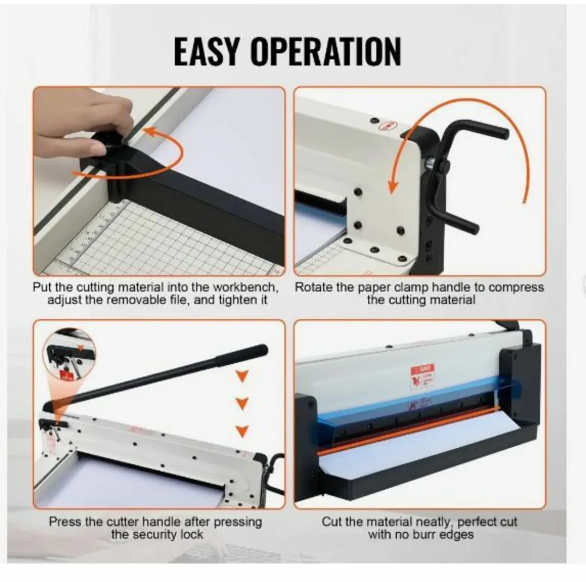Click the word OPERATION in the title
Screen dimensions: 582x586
[326, 51]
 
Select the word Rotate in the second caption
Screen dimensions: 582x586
[313, 287]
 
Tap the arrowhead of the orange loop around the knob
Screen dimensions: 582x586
[151, 131]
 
